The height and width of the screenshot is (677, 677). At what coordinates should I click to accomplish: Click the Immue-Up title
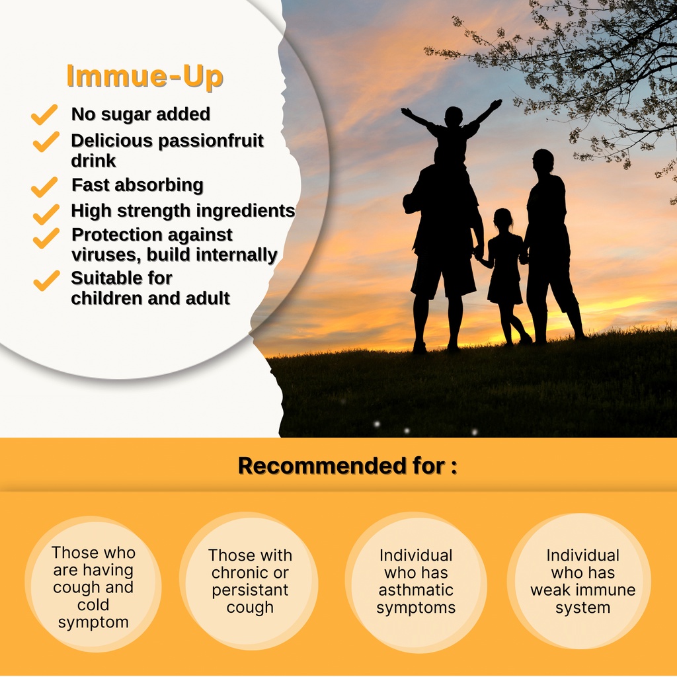click(x=145, y=77)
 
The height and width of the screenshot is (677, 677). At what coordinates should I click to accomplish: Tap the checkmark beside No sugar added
click(x=44, y=114)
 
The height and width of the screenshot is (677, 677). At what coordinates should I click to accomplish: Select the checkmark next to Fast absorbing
click(x=44, y=186)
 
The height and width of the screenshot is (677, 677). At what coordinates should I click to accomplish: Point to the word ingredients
click(x=246, y=211)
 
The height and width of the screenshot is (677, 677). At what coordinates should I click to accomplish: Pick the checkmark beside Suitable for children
click(x=47, y=280)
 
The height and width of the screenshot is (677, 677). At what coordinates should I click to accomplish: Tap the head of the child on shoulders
click(x=454, y=116)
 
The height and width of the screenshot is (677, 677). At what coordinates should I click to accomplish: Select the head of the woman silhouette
click(x=542, y=160)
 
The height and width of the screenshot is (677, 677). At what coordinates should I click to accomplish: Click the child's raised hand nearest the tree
click(x=496, y=104)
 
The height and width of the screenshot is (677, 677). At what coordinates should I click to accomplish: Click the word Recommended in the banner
click(x=321, y=466)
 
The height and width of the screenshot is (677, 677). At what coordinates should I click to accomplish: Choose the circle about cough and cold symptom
click(x=93, y=584)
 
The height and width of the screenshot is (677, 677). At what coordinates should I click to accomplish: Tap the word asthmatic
click(x=416, y=590)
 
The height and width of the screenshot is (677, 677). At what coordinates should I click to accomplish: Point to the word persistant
click(x=250, y=590)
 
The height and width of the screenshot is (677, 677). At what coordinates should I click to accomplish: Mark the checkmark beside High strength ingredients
click(x=46, y=214)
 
